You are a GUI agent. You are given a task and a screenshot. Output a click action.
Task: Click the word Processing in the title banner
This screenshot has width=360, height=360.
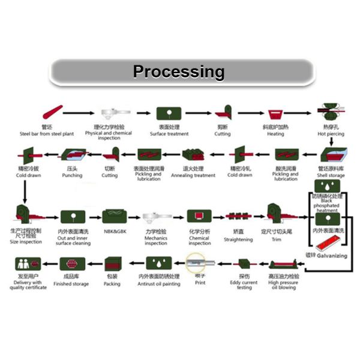pos(179,72)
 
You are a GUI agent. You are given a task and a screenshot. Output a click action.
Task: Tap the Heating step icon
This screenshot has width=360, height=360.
pos(276,113)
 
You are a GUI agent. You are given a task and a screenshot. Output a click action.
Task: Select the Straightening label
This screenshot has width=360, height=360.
pos(238,239)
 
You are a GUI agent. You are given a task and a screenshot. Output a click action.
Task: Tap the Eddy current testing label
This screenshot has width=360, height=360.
pos(244,284)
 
